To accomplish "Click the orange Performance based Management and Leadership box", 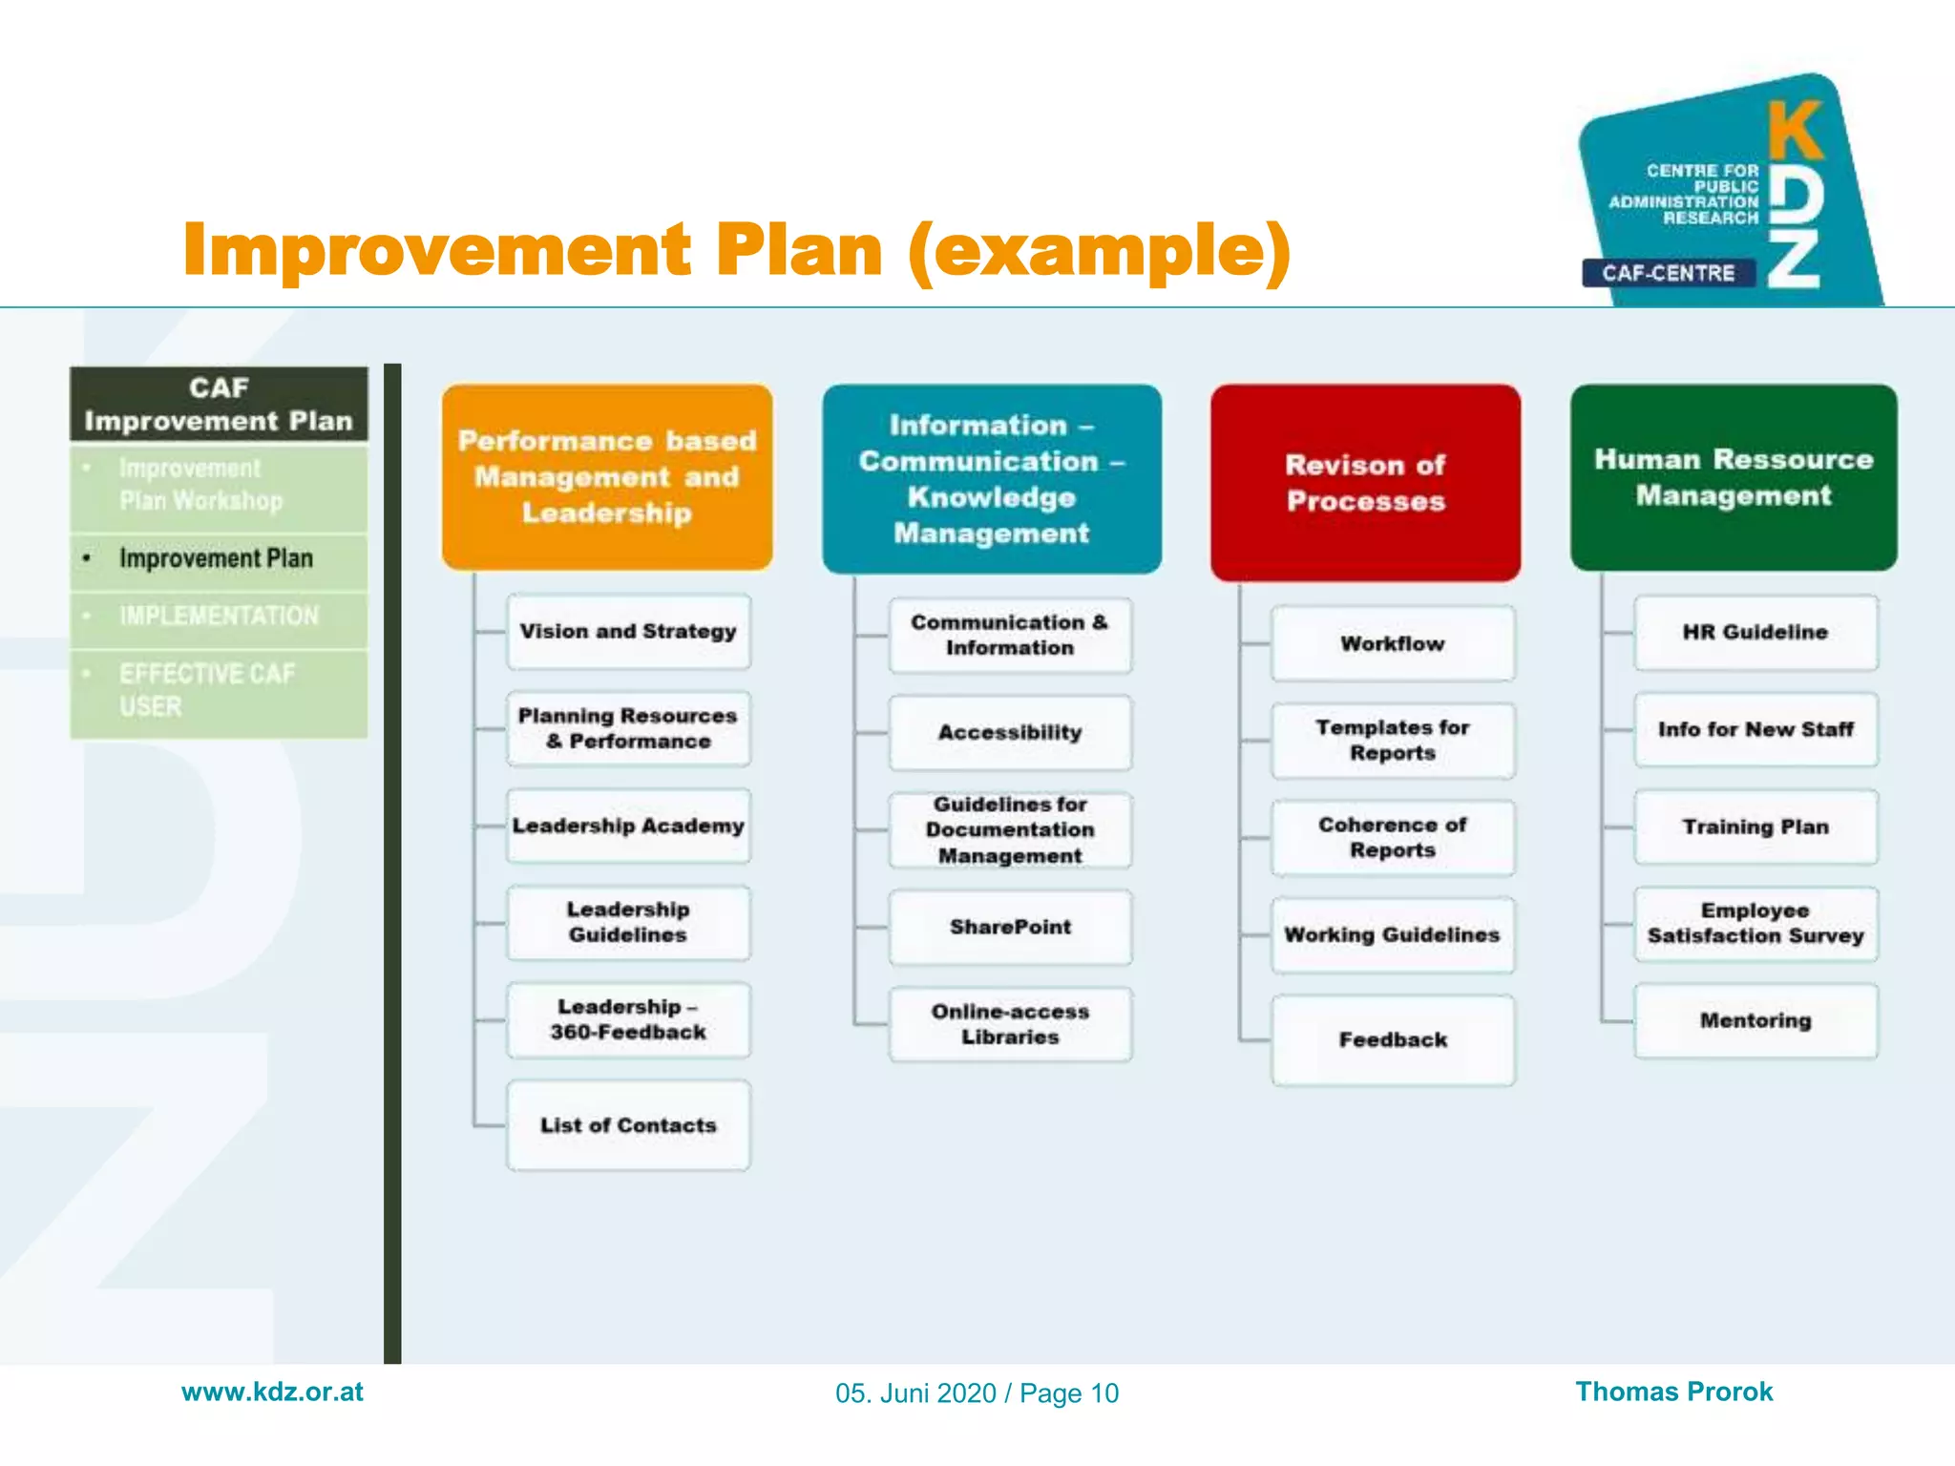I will tap(607, 477).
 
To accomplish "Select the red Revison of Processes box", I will tap(1365, 483).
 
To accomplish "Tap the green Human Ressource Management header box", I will tap(1734, 477).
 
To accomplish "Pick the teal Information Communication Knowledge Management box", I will tap(992, 479).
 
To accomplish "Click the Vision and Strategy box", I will tap(628, 632).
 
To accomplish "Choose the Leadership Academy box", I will tap(628, 827).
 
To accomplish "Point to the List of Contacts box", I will tap(628, 1125).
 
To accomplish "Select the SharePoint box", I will tap(1010, 928).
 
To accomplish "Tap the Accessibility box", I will tap(1010, 733).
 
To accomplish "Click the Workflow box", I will tap(1392, 644).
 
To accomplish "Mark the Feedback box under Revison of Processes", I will tap(1392, 1040).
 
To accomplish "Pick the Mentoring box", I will tap(1755, 1021).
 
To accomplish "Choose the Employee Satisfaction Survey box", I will tap(1755, 924).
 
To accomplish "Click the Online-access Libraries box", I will tap(1010, 1024).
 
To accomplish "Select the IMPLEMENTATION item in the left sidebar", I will tap(219, 617).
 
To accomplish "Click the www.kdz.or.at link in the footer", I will tap(272, 1392).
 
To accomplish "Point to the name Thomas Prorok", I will tap(1673, 1392).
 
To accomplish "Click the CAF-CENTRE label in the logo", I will tap(1668, 274).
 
